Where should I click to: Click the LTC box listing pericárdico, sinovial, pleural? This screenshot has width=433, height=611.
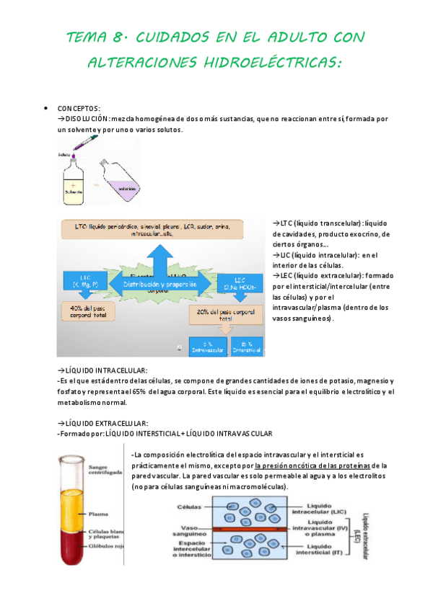pos(153,231)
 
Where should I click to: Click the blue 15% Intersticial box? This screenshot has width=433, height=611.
pos(248,347)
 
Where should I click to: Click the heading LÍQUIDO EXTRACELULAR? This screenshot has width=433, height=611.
pos(106,422)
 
